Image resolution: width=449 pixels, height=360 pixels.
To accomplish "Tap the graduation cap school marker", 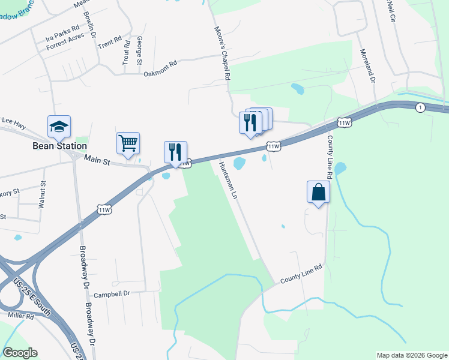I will click(x=59, y=127).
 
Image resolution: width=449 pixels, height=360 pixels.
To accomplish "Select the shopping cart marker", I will click(x=128, y=143).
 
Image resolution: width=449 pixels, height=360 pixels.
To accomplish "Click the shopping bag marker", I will click(x=318, y=193).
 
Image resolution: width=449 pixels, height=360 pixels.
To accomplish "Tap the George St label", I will click(x=140, y=50).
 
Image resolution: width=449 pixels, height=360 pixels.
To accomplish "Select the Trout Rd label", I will click(x=126, y=52).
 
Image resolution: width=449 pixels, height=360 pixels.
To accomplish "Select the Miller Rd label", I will click(x=21, y=315).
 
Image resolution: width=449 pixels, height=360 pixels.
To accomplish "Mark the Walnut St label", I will click(x=42, y=195).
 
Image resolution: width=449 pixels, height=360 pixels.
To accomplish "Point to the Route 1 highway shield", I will click(x=420, y=107).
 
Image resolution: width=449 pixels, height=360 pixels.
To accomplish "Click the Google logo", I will click(x=20, y=353).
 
